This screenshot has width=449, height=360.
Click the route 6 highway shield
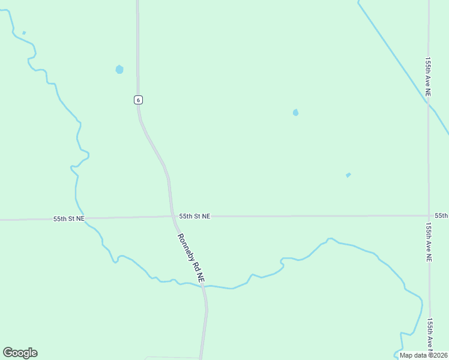point(138,100)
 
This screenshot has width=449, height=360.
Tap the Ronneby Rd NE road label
point(191,258)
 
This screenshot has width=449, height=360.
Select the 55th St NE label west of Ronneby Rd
point(68,219)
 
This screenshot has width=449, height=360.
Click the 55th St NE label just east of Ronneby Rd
point(194,216)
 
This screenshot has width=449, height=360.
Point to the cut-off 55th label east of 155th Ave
point(441,215)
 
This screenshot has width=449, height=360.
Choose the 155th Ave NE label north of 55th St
point(428,77)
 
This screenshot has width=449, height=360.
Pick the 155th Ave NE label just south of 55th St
point(429,242)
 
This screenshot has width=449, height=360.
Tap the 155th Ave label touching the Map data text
point(430,333)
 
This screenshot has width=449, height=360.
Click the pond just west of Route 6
point(119,69)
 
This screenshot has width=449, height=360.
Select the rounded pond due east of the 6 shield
point(295,112)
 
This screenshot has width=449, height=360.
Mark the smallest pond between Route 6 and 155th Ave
point(348,175)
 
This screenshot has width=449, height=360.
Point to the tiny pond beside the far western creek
point(24,32)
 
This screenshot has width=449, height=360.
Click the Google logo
point(20,353)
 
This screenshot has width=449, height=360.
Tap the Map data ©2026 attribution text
point(423,355)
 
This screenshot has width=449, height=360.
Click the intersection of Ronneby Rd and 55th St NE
point(172,217)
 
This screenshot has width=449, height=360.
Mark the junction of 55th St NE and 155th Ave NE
point(429,215)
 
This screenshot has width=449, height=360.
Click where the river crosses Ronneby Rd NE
point(203,286)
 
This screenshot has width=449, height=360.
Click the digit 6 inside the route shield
point(138,100)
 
